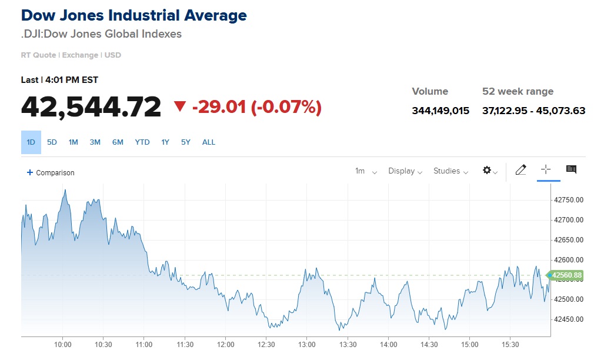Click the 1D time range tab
[31, 142]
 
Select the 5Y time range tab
[186, 142]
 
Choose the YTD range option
[142, 142]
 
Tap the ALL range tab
[209, 142]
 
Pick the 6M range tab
[118, 142]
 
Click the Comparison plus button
[51, 172]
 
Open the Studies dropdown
[450, 171]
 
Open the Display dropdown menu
[405, 171]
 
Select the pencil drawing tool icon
[520, 170]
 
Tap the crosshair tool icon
[546, 170]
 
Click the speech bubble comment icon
[571, 170]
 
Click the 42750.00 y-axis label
[569, 200]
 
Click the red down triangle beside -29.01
[180, 106]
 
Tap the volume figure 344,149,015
[441, 111]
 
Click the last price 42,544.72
[91, 106]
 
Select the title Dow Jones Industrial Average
[134, 15]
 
